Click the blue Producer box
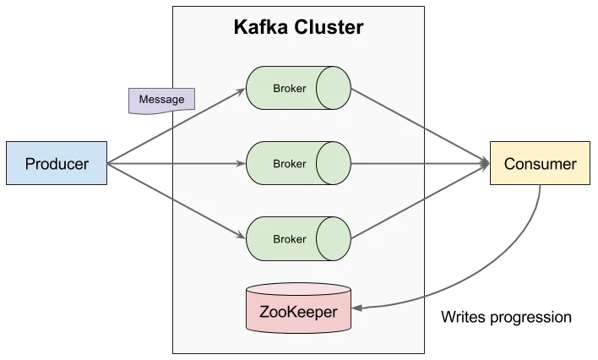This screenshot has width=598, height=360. [x=57, y=164]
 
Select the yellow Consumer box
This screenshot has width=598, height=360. [x=540, y=164]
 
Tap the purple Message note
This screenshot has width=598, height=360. [x=161, y=100]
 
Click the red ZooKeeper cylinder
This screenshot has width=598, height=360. [x=297, y=309]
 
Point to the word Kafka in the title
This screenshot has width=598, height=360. [x=258, y=27]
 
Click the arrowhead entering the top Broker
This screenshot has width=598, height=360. [x=240, y=90]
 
